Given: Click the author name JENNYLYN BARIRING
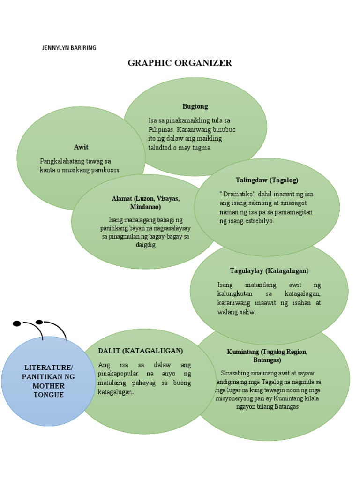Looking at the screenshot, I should tap(69, 48).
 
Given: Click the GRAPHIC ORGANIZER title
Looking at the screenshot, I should tap(180, 63).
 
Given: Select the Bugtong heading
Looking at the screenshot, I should tap(195, 106).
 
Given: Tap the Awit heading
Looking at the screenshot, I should tap(81, 147).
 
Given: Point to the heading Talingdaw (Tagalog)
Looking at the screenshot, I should tap(267, 180).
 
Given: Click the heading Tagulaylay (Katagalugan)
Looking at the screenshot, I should tap(269, 271).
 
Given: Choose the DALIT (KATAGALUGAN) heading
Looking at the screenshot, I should tap(140, 351).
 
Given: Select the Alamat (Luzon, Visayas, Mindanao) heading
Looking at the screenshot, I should tap(145, 202).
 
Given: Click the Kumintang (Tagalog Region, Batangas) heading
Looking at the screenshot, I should tap(267, 356).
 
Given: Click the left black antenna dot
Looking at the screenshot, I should tap(17, 323).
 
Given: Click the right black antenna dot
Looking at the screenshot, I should tap(39, 322).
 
